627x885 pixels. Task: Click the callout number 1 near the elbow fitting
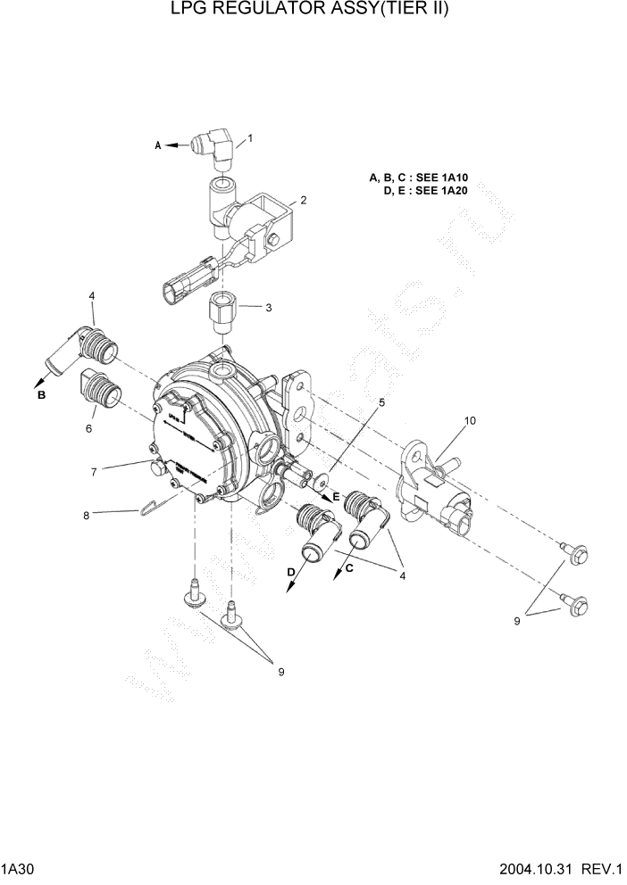point(250,138)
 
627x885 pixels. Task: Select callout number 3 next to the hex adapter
point(268,308)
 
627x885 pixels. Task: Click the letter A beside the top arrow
point(159,145)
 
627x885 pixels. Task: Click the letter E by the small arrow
point(336,495)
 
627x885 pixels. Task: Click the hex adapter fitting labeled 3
point(220,312)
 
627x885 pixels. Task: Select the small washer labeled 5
point(319,481)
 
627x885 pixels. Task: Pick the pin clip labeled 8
point(156,506)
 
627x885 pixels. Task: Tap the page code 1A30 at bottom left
point(19,869)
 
